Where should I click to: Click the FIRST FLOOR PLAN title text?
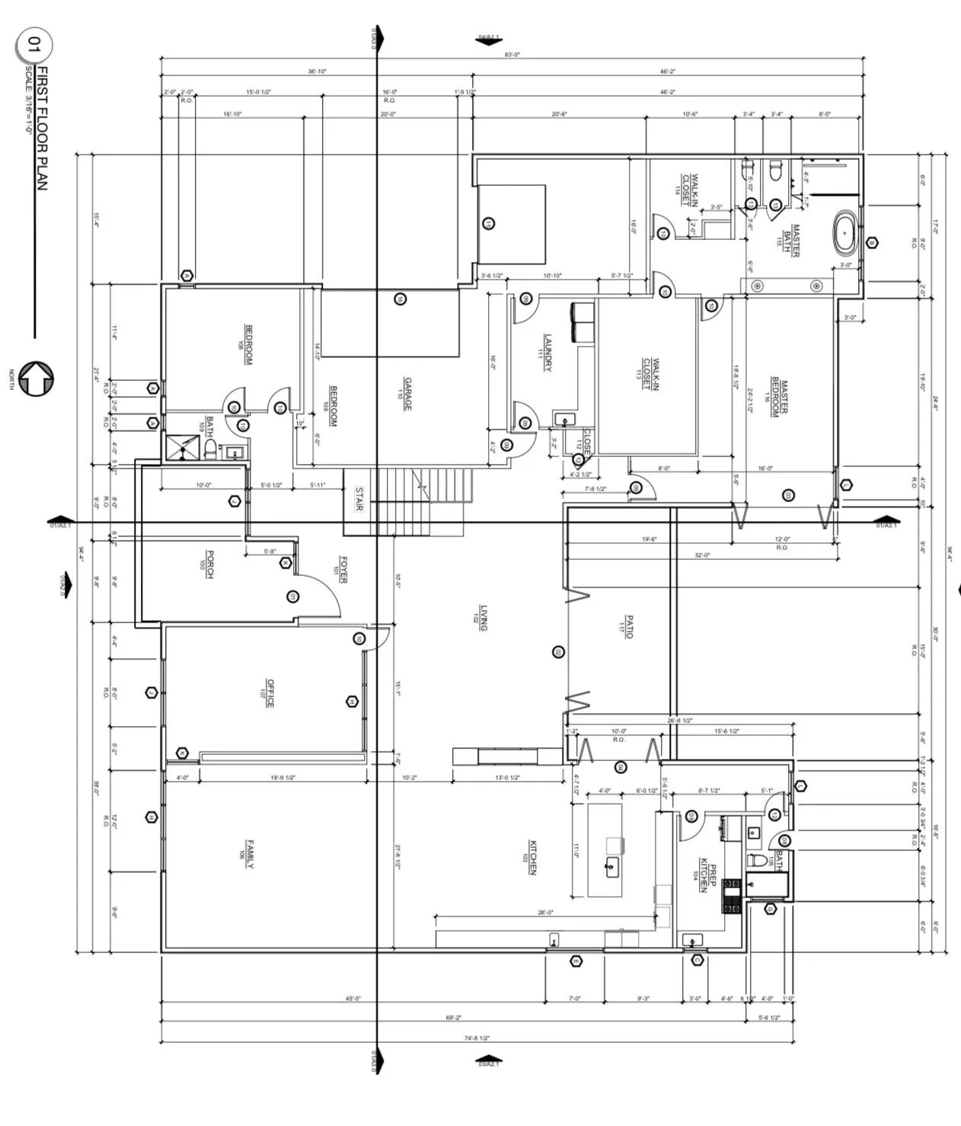pos(43,128)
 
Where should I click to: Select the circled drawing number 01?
pos(32,44)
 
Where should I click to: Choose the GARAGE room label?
pos(407,394)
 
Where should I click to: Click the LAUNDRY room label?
pos(548,353)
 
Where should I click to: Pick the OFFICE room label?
pos(270,693)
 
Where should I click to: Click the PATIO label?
pos(627,627)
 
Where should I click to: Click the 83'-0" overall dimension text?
pos(512,55)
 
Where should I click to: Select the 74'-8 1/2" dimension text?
pos(477,1038)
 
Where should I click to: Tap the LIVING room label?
pos(482,618)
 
